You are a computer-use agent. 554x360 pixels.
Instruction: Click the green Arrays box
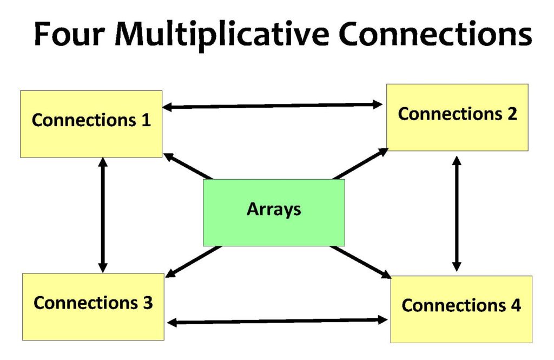[274, 212]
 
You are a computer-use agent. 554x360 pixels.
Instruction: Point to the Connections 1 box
[91, 124]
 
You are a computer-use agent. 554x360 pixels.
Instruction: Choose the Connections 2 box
[457, 117]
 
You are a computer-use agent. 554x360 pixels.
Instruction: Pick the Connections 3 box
[93, 306]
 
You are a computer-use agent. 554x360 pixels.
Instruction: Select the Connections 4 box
[461, 309]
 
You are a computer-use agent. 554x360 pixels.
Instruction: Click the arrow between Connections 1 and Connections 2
[273, 106]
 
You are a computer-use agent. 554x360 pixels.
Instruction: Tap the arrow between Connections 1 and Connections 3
[103, 215]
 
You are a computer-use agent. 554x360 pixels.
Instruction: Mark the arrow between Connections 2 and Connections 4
[457, 213]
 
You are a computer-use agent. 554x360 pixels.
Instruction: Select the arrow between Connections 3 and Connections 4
[278, 322]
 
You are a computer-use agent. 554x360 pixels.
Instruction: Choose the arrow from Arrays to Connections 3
[193, 261]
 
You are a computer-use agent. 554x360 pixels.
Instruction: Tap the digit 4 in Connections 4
[515, 305]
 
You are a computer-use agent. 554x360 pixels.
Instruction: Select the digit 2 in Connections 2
[511, 114]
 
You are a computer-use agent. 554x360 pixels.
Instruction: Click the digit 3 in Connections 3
[148, 303]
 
